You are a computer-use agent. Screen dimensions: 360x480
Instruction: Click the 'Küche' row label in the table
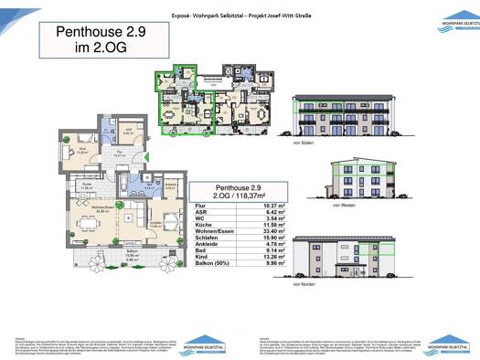(x=207, y=225)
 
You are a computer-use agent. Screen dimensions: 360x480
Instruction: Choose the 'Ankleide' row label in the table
(x=211, y=247)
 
